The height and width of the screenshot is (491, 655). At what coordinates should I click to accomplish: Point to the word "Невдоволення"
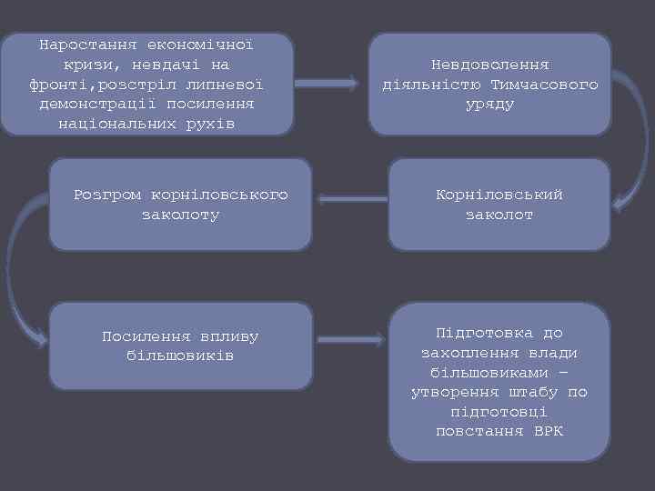pyautogui.click(x=489, y=65)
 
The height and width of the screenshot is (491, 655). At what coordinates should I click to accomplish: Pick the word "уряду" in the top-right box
pyautogui.click(x=489, y=105)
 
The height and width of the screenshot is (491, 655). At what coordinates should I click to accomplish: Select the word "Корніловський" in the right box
pyautogui.click(x=499, y=195)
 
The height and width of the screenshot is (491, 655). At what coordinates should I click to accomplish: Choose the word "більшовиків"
pyautogui.click(x=180, y=355)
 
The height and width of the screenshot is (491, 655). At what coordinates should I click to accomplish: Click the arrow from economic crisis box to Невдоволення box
pyautogui.click(x=327, y=84)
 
